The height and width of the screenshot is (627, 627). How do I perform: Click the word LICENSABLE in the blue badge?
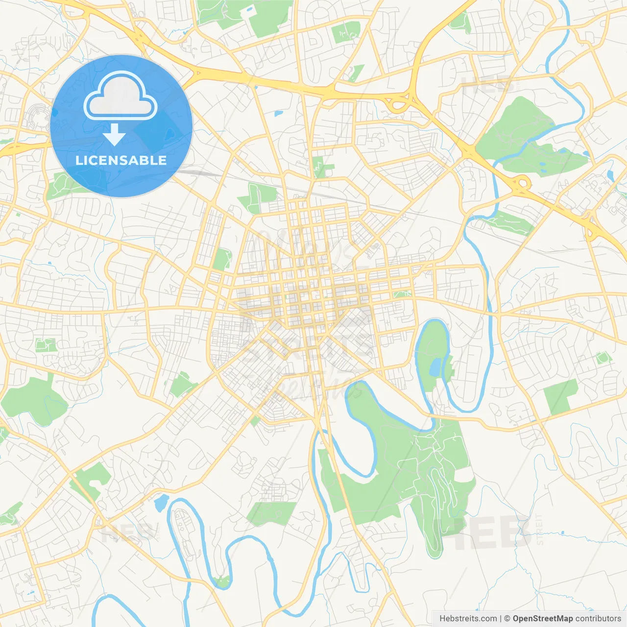[121, 160]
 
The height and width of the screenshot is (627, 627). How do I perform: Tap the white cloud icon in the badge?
[121, 97]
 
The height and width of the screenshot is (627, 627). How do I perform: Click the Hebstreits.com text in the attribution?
[468, 619]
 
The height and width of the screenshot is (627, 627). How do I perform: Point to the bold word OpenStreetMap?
[542, 619]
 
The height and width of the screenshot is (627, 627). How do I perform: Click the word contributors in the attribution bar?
[598, 619]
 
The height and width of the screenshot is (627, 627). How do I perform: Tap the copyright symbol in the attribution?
[507, 619]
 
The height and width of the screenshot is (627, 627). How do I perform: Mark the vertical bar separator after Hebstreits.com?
[501, 619]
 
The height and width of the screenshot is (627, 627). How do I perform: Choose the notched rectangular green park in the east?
[560, 396]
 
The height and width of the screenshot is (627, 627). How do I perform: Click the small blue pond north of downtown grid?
[279, 113]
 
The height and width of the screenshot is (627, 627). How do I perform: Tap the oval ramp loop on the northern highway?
[396, 104]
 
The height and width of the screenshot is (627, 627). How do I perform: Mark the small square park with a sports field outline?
[46, 345]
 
